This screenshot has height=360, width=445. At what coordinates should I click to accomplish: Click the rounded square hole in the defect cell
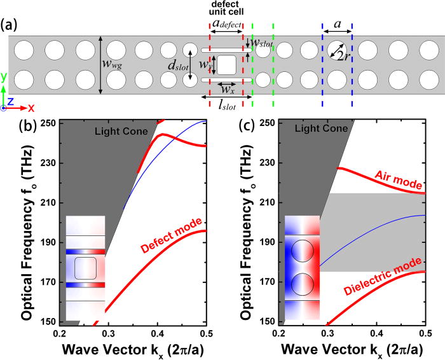(x=227, y=65)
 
